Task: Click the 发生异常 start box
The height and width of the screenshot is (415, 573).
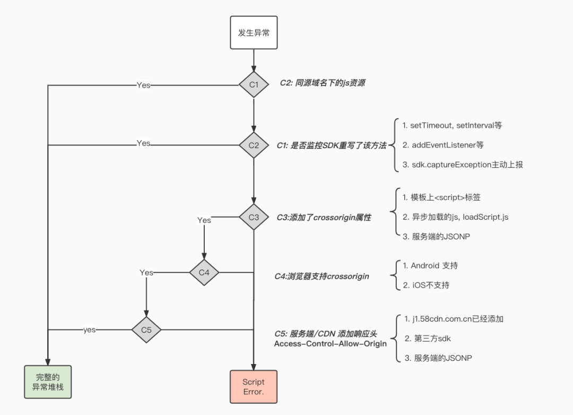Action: (254, 32)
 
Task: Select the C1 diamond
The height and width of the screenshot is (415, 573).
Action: (254, 84)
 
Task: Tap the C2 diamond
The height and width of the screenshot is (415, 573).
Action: (254, 145)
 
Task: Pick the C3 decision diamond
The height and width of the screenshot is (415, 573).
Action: (254, 217)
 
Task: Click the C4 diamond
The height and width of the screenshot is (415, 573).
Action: (204, 272)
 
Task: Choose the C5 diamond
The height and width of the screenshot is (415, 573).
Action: (146, 330)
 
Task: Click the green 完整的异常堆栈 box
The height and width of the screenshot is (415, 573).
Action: (48, 382)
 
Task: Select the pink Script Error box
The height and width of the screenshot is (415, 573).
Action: (253, 387)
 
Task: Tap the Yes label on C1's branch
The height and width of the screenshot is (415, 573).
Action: (143, 85)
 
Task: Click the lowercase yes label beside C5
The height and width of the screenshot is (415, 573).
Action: (90, 330)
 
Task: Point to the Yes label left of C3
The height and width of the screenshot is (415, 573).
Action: (204, 220)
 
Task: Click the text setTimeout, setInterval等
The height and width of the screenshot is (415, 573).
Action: (452, 126)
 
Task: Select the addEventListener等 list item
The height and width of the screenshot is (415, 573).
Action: (443, 145)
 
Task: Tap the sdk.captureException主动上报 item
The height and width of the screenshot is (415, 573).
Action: (463, 165)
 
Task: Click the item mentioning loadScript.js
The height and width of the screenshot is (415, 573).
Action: (455, 217)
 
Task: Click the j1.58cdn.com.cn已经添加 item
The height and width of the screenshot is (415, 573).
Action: (454, 319)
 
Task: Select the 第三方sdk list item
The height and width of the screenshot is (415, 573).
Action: (428, 339)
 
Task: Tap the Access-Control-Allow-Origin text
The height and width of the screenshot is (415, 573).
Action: (330, 344)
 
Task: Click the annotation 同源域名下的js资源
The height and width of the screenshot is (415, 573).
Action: (323, 83)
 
